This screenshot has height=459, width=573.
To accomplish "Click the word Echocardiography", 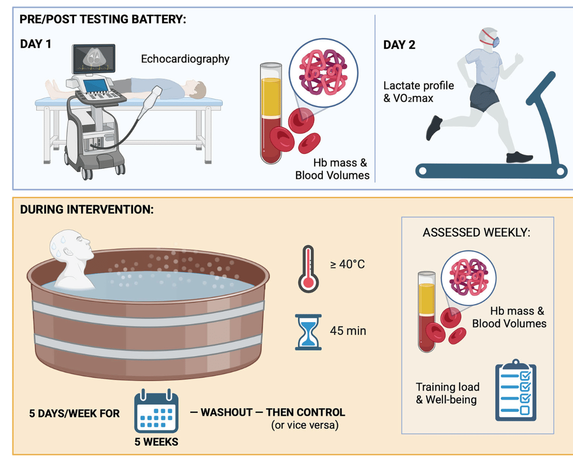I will pos(185,59).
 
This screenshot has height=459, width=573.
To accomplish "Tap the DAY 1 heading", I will pos(35,44).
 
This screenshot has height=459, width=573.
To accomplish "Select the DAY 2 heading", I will pos(399,45).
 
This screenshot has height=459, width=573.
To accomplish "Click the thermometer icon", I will pos(308,269).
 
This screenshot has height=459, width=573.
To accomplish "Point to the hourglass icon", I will pos(308,332).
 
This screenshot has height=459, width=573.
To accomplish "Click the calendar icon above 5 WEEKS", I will pos(156,412).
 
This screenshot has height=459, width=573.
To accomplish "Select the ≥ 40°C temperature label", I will pos(347,264).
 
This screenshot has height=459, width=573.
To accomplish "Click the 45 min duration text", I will pos(348,330).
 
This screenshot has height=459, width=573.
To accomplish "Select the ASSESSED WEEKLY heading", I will pos(476,232).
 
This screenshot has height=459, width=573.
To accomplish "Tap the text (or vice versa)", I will pos(305,425).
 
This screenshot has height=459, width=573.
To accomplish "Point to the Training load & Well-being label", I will pos(447,393).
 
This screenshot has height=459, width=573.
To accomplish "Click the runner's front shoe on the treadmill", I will pos(519,156).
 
